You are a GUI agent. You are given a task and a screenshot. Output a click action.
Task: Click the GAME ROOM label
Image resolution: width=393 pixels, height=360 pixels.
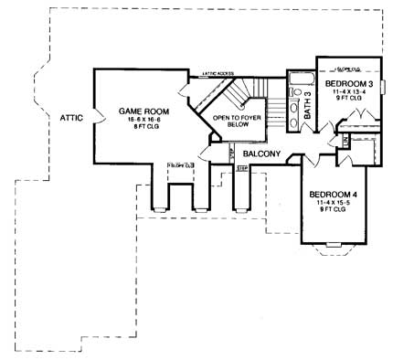click(x=140, y=111)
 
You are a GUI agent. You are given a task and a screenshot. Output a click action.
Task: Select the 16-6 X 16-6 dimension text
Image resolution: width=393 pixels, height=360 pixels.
click(x=140, y=120)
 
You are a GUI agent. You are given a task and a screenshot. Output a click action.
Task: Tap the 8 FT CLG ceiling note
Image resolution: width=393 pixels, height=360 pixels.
click(x=140, y=129)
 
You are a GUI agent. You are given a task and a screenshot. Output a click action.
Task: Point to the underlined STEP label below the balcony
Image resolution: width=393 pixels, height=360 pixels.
click(x=242, y=168)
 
